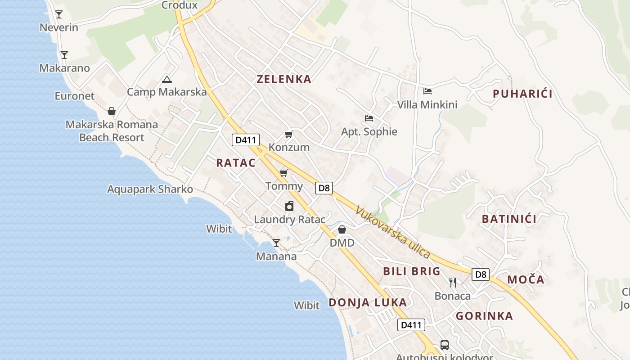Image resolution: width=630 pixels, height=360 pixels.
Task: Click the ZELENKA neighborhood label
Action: coord(283,79)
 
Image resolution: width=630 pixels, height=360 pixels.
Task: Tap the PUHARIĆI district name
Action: coord(522,94)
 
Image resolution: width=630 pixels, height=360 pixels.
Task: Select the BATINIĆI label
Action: coord(509,219)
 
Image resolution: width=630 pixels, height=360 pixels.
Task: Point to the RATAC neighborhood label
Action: coord(236,163)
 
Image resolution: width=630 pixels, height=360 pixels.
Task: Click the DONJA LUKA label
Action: coord(368,302)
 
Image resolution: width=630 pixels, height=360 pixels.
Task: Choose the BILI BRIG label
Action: coord(411,271)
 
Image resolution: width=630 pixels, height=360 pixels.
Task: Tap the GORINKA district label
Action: coord(484,316)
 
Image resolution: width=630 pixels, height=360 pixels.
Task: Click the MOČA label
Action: coord(526,279)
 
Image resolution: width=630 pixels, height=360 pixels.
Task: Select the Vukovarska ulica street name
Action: coord(392,232)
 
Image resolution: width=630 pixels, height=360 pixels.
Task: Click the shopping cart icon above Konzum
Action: coord(288,134)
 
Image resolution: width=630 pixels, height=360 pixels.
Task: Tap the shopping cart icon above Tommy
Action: coord(283,173)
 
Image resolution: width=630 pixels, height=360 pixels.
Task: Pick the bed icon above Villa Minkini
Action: coord(427,91)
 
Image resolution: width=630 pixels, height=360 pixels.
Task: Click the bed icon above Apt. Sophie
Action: coord(369,118)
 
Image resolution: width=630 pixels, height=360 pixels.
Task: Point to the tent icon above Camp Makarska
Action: coord(167,79)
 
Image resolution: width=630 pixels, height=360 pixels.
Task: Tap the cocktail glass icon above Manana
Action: coord(276,243)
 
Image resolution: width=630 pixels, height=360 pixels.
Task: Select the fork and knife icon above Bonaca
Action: coord(453,283)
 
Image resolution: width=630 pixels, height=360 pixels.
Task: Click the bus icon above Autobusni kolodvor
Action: coord(445,345)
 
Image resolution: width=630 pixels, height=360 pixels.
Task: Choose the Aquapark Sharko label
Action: coord(150,189)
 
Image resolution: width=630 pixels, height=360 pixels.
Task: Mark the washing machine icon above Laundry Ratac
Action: coord(289,207)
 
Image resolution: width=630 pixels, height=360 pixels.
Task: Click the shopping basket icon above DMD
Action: coord(342,230)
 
